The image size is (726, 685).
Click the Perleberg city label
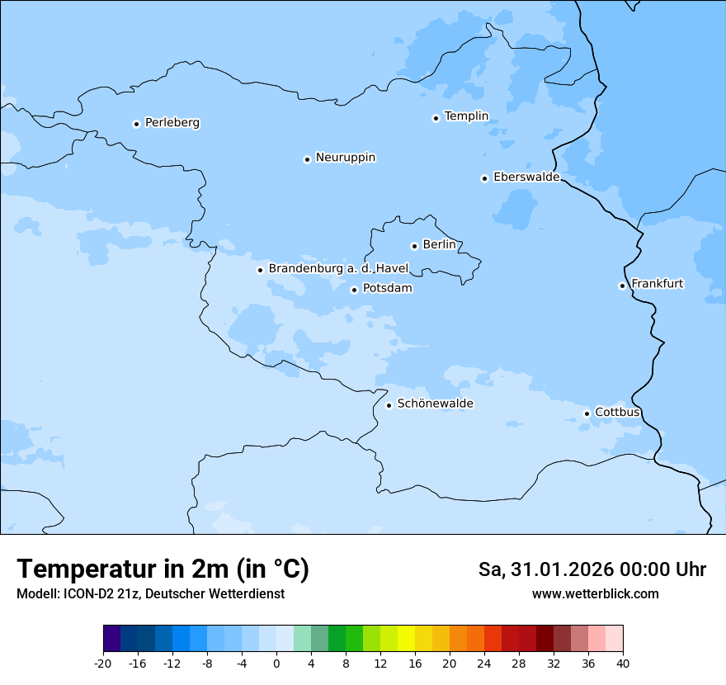(172, 123)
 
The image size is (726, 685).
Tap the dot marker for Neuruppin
(307, 159)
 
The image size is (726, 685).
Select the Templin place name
(466, 116)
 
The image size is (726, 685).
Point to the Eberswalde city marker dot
(484, 178)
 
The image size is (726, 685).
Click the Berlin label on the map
(439, 245)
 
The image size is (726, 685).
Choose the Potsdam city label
(387, 289)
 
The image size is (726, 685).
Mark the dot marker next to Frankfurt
(622, 286)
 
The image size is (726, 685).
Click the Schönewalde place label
(435, 404)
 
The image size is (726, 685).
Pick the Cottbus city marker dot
(587, 413)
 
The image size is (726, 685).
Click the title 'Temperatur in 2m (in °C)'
(163, 569)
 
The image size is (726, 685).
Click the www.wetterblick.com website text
(595, 593)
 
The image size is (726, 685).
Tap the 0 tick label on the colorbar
(276, 664)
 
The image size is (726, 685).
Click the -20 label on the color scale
(103, 664)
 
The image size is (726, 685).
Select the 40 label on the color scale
(622, 664)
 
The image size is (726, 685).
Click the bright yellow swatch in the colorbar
(406, 639)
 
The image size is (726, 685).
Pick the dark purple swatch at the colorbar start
(112, 639)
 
